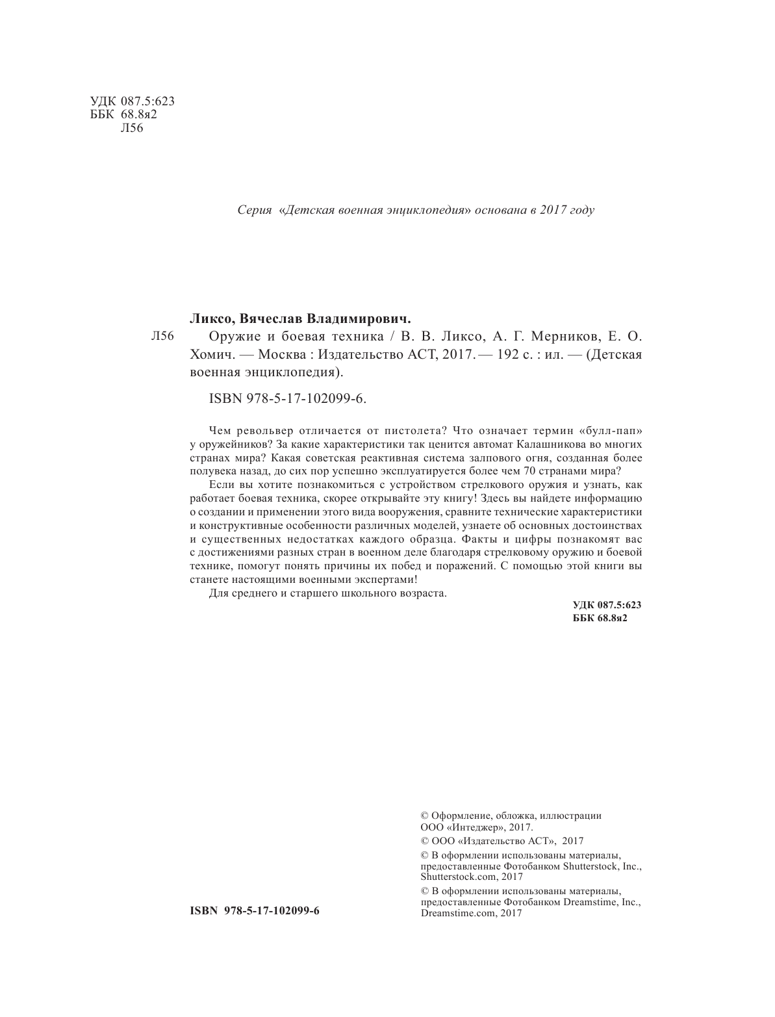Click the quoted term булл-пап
(609, 431)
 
